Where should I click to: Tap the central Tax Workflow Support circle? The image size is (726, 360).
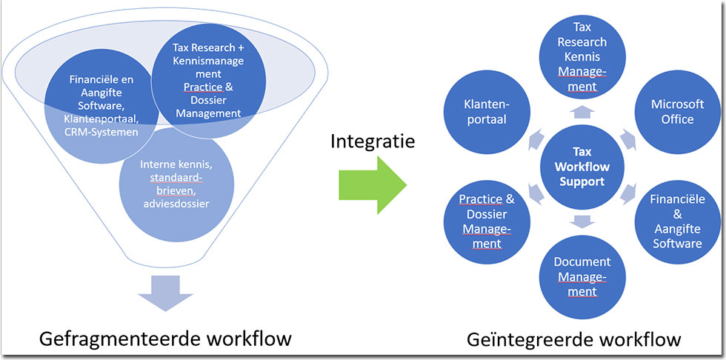tap(582, 165)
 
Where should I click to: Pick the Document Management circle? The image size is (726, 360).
tap(582, 276)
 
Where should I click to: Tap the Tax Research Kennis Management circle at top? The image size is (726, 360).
tap(582, 57)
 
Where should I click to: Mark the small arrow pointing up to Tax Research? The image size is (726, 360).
tap(582, 112)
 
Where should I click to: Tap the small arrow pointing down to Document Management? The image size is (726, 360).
tap(582, 220)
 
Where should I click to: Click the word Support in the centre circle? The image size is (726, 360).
tap(582, 181)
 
